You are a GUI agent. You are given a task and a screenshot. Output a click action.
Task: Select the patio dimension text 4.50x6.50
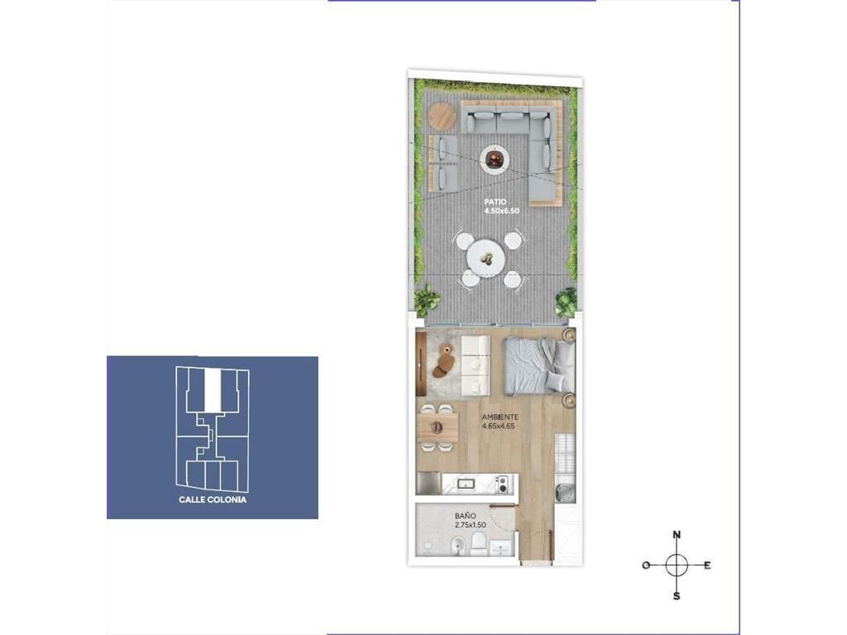pos(502,211)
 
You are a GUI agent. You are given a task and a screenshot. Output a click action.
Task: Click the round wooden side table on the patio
pos(442,116)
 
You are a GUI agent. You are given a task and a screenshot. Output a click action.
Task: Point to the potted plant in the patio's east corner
pos(567,301)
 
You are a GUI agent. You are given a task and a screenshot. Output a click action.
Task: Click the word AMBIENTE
pos(500,417)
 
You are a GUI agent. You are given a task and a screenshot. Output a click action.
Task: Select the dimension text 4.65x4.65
pos(499,426)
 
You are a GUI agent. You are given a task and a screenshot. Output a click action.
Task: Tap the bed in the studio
pos(538,365)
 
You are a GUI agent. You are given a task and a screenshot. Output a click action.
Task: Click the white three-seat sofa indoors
pos(476,364)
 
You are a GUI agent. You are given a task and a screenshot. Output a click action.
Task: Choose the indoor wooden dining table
pos(438,427)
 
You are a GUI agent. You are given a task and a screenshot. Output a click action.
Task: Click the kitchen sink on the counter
pos(465,484)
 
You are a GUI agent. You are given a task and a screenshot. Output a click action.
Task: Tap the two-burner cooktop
pos(503,484)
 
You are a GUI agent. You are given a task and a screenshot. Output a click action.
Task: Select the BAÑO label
pos(465,516)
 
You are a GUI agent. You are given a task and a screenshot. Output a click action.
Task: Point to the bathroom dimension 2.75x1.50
pos(470,525)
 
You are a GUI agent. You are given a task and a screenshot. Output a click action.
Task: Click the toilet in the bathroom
pos(479,543)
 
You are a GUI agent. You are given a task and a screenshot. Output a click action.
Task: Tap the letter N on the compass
pos(677,535)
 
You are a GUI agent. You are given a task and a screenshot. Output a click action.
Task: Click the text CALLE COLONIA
pos(213,500)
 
